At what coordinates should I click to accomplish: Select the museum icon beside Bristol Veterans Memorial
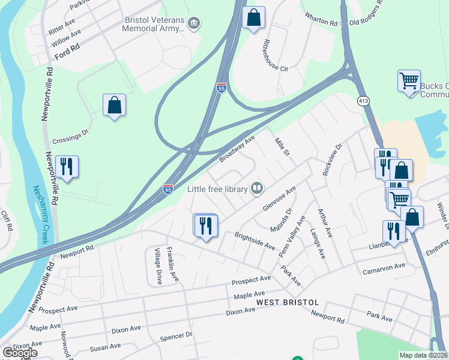coord(194,24)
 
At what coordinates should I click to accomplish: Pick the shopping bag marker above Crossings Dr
coord(114,106)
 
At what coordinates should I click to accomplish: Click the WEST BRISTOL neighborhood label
coord(283,301)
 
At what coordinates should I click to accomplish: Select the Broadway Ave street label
coord(237,148)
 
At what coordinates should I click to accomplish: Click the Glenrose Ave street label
coord(279,199)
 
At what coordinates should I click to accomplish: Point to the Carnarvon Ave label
coord(384,268)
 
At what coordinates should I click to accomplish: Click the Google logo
coord(20,353)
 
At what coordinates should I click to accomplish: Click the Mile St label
coord(282,146)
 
